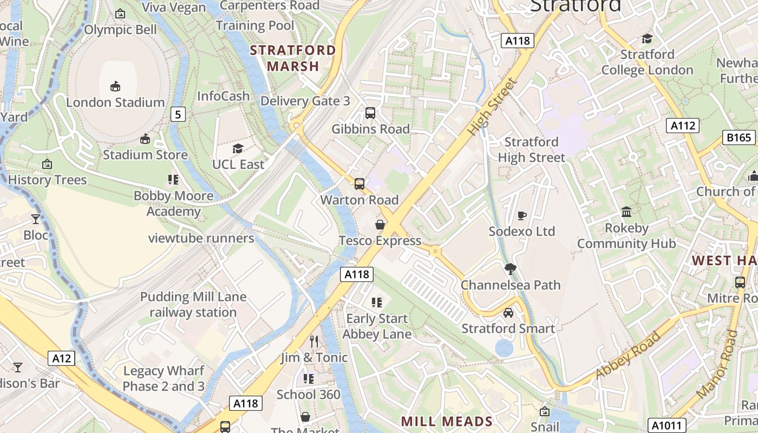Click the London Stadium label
pos(115,102)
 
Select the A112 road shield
pos(682,126)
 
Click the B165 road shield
pos(739,137)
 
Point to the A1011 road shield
pos(666,425)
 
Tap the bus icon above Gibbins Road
pos(370,113)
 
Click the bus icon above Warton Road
pos(360,183)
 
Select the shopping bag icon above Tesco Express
pos(380,224)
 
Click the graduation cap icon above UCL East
pos(238,148)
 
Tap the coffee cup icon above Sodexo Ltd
pos(522,215)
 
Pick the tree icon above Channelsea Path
pos(510,268)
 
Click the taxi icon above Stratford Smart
pos(508,312)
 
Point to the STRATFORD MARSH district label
pos(293,58)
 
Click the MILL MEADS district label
pos(447,421)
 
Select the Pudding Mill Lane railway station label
pos(193,305)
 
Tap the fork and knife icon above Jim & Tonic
pos(313,341)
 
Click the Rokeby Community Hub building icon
pos(626,212)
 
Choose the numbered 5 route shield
pos(178,114)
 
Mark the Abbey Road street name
pos(628,355)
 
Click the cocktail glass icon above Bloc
pos(36,219)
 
